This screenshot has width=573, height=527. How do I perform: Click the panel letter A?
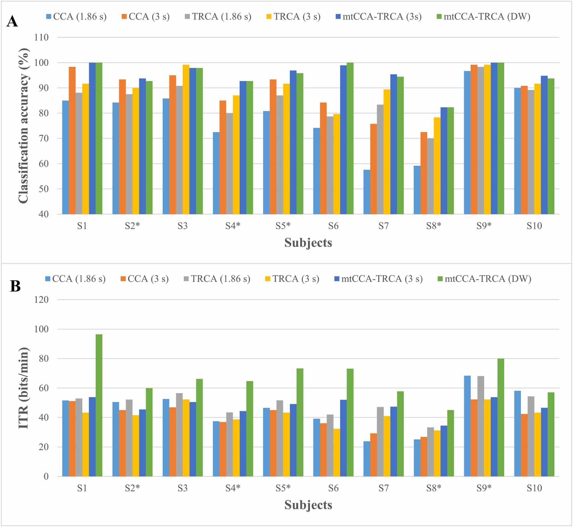[12, 22]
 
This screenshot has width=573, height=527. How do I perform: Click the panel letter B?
[15, 286]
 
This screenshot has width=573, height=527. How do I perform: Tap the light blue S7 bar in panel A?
[367, 192]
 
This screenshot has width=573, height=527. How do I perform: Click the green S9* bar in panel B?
[501, 418]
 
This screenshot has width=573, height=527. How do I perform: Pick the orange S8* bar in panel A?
[424, 173]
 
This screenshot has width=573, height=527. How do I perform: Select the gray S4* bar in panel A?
[230, 163]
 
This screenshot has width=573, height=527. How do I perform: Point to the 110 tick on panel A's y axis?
[41, 37]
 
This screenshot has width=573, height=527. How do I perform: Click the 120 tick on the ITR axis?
[41, 299]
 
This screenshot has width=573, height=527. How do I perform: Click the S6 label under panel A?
[333, 226]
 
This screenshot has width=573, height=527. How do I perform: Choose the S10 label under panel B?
[534, 488]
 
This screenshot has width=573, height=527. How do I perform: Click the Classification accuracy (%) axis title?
[24, 125]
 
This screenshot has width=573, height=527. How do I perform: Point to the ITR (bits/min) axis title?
[24, 388]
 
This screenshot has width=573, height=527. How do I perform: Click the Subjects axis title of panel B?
[308, 505]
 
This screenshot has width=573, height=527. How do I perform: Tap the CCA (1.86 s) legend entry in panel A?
[76, 17]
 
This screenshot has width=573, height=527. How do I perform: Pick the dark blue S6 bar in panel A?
[343, 140]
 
